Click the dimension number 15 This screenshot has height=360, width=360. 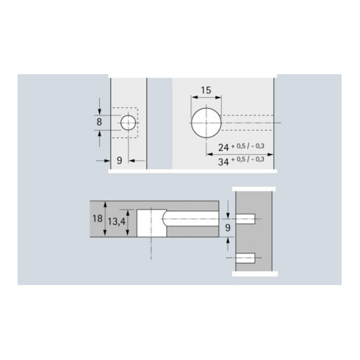pyautogui.click(x=206, y=90)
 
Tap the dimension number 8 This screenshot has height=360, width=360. pyautogui.click(x=99, y=122)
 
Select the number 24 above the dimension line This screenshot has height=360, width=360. pyautogui.click(x=223, y=148)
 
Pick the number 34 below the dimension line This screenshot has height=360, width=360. pyautogui.click(x=223, y=162)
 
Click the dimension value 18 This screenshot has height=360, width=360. pyautogui.click(x=98, y=218)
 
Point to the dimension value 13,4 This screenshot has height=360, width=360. pyautogui.click(x=117, y=222)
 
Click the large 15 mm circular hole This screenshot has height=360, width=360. pyautogui.click(x=206, y=123)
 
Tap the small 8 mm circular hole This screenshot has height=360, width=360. pyautogui.click(x=129, y=123)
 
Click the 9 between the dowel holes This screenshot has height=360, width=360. pyautogui.click(x=228, y=228)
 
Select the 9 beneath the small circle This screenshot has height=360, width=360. pyautogui.click(x=119, y=161)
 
